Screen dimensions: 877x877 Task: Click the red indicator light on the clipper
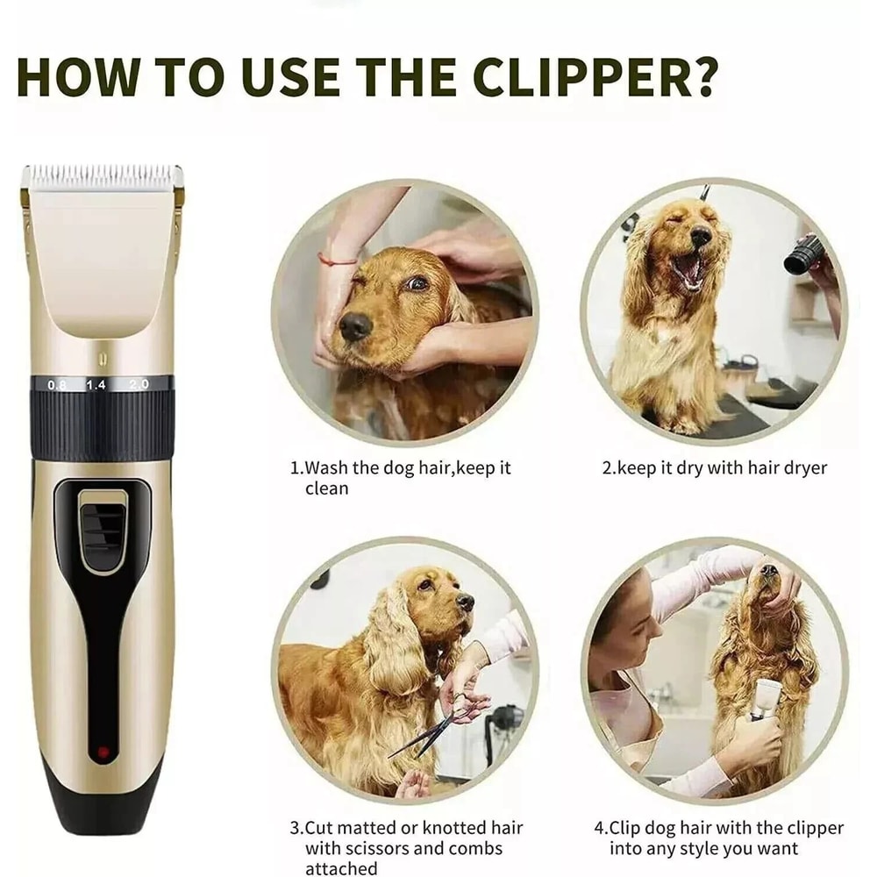point(103,752)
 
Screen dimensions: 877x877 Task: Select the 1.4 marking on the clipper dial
point(96,385)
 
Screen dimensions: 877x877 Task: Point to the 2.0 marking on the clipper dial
point(139,384)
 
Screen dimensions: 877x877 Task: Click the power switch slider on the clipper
point(103,526)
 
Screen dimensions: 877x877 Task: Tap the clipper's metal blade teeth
point(103,174)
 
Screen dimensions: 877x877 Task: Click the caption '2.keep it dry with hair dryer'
point(714,468)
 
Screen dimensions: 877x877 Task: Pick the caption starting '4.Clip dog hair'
point(718,838)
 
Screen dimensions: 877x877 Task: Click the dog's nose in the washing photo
point(355,326)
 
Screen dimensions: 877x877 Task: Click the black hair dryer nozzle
point(804,254)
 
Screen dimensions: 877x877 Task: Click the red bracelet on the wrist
point(338,260)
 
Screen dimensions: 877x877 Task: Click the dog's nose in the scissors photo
point(465,602)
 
